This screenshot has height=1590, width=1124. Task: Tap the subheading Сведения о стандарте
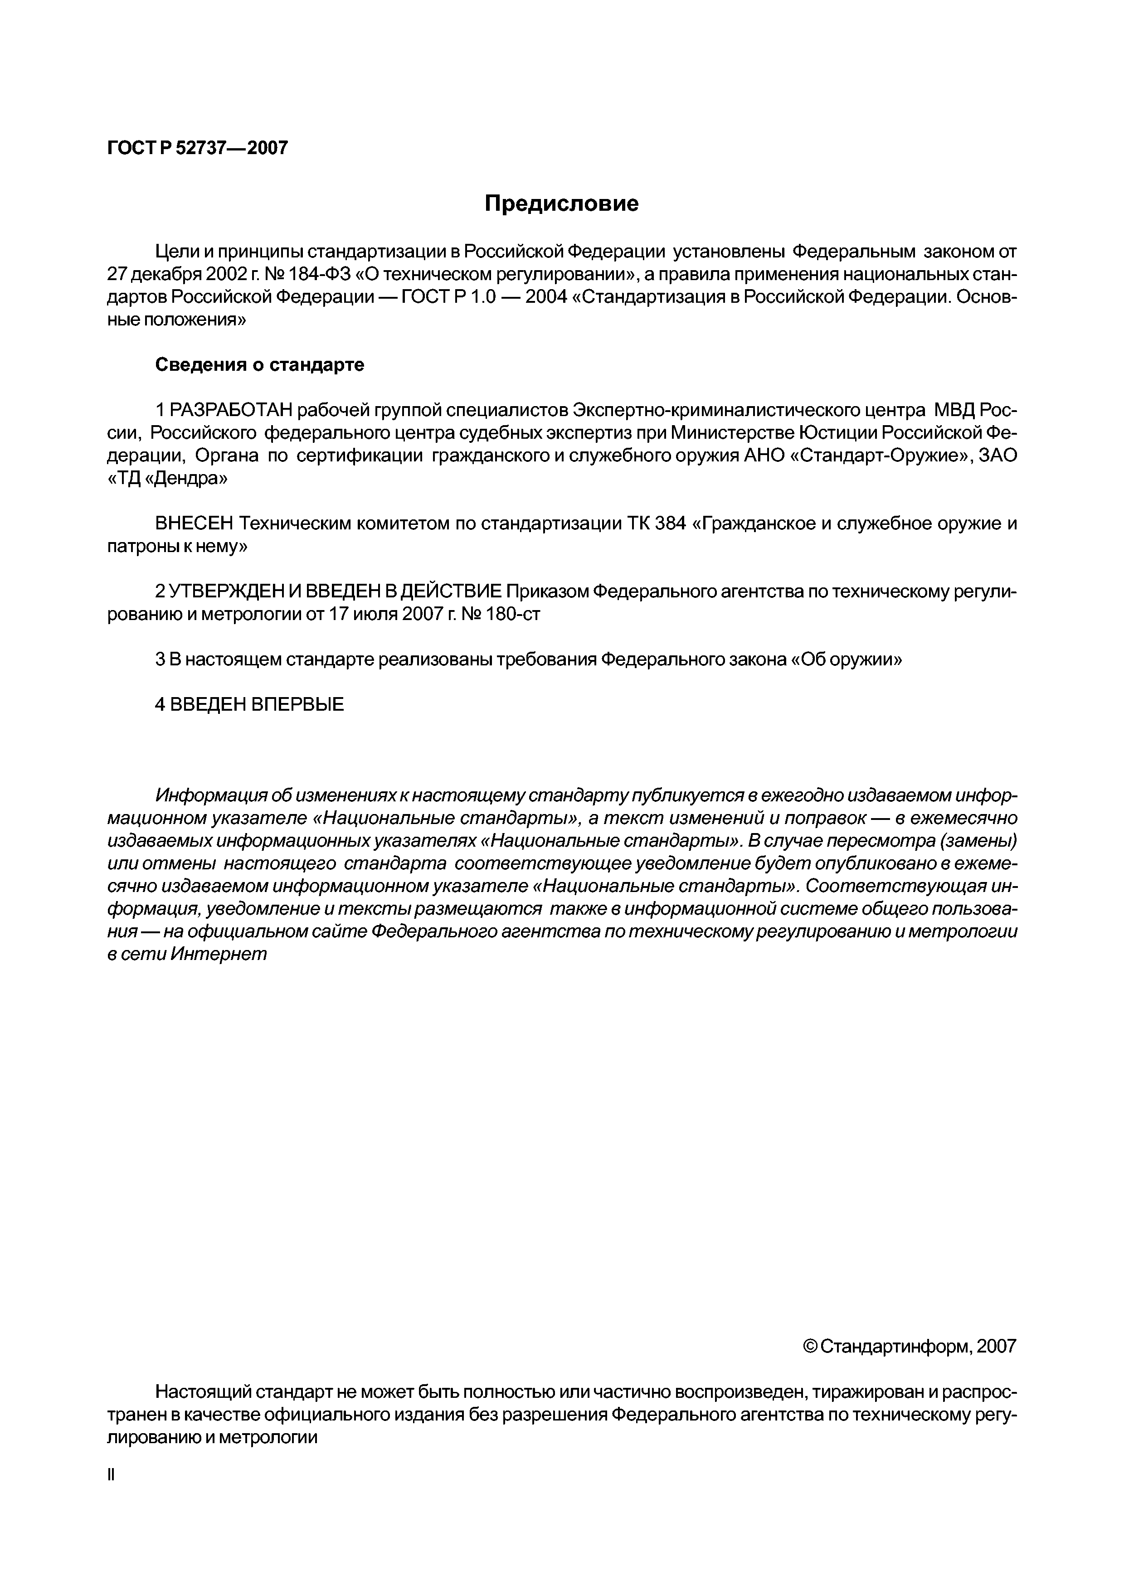(260, 365)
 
